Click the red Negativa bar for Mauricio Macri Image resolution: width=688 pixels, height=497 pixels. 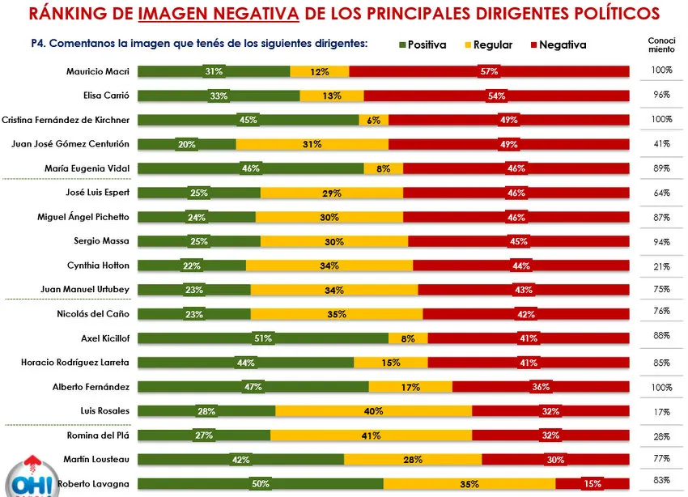click(489, 72)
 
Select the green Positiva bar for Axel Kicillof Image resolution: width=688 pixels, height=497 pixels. click(263, 338)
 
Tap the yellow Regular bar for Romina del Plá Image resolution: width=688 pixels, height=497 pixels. click(371, 435)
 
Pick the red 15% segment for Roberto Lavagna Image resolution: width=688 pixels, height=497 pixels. click(592, 484)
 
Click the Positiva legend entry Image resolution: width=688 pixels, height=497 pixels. click(423, 45)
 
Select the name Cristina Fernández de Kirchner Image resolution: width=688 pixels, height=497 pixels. click(66, 120)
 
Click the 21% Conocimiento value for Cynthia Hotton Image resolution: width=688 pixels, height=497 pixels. click(660, 265)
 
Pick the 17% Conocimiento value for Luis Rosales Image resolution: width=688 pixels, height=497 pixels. click(660, 410)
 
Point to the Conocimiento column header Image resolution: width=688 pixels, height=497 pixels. click(660, 45)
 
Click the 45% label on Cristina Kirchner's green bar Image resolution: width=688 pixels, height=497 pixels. click(248, 121)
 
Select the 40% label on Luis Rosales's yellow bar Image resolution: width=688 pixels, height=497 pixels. click(373, 411)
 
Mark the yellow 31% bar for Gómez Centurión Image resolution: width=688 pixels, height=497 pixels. click(312, 144)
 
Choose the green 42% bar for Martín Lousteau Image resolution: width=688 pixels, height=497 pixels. click(240, 460)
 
